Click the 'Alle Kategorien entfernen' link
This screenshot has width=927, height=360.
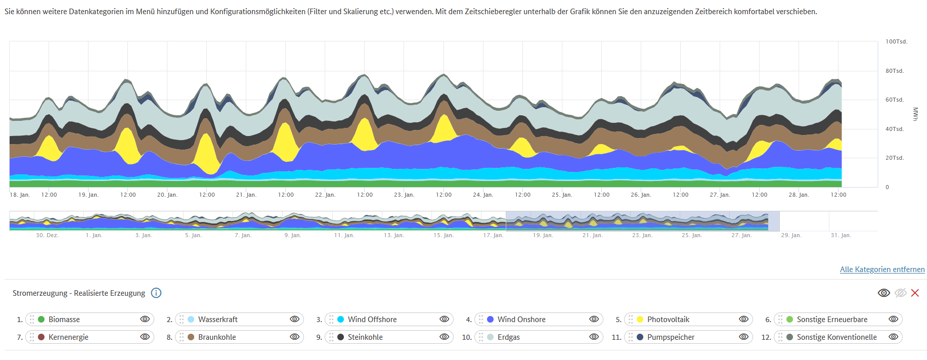(x=882, y=269)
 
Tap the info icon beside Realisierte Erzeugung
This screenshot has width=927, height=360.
(x=156, y=293)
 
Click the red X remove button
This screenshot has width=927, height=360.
(x=915, y=293)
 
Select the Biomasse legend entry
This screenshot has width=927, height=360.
(x=64, y=320)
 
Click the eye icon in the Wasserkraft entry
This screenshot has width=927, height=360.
(x=294, y=319)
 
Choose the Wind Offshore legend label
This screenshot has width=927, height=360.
(x=372, y=320)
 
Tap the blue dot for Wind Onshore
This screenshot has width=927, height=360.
(x=490, y=320)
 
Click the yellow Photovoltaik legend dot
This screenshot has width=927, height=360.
(x=640, y=320)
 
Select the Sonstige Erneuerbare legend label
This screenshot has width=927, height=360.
(x=832, y=320)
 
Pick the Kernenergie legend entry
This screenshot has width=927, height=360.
(x=68, y=337)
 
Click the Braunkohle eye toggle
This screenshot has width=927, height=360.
(x=294, y=337)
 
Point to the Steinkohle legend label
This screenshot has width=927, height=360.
(x=365, y=337)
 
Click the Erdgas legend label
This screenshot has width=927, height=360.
(x=508, y=337)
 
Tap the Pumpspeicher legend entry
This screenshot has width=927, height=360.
(x=671, y=337)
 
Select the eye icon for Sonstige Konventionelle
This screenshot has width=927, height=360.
(x=893, y=337)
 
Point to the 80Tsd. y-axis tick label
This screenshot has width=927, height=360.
(x=894, y=71)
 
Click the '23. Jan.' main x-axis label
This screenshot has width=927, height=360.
(x=404, y=195)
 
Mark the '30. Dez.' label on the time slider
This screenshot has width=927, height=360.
(x=47, y=235)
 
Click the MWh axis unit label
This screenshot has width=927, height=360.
(x=915, y=114)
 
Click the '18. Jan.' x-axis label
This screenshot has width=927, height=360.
(x=20, y=195)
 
